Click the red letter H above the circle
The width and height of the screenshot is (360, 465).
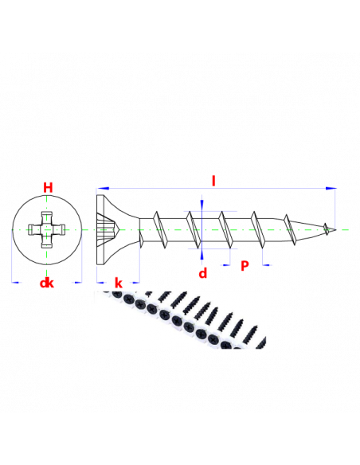pyautogui.click(x=48, y=188)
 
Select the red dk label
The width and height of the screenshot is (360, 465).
pyautogui.click(x=47, y=283)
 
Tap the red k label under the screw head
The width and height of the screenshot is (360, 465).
pyautogui.click(x=119, y=283)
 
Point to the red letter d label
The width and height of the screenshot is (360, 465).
pyautogui.click(x=203, y=273)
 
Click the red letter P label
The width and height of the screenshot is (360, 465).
pyautogui.click(x=245, y=266)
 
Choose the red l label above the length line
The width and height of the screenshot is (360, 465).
pyautogui.click(x=213, y=181)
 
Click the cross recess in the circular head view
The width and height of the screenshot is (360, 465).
pyautogui.click(x=46, y=229)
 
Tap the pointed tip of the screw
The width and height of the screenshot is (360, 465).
pyautogui.click(x=336, y=229)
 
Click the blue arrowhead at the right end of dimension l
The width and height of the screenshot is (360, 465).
pyautogui.click(x=331, y=189)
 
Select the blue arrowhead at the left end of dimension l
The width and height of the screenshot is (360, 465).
pyautogui.click(x=102, y=189)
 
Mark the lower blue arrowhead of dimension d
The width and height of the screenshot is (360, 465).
pyautogui.click(x=202, y=255)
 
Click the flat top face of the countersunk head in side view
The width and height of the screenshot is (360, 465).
pyautogui.click(x=97, y=229)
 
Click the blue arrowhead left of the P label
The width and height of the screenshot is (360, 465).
pyautogui.click(x=226, y=265)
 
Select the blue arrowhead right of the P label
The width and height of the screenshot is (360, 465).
pyautogui.click(x=266, y=265)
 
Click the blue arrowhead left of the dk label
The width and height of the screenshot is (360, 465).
pyautogui.click(x=15, y=283)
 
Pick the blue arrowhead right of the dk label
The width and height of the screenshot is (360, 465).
pyautogui.click(x=78, y=283)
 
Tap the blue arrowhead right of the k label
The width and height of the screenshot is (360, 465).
pyautogui.click(x=136, y=283)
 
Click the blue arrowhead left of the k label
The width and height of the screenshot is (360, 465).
pyautogui.click(x=101, y=283)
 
